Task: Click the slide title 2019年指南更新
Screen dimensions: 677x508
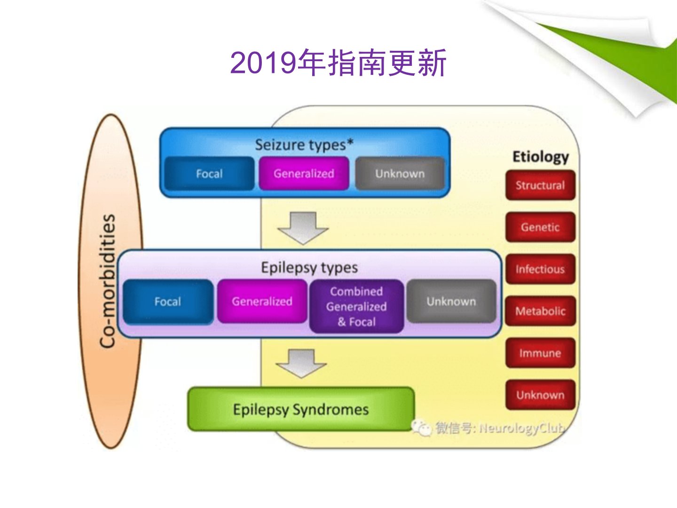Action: click(338, 63)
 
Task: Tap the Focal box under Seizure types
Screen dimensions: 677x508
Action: click(209, 174)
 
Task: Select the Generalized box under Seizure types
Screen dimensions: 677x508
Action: click(304, 174)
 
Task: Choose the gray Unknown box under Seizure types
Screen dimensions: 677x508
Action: click(400, 174)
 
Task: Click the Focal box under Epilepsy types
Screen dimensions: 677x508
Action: click(168, 302)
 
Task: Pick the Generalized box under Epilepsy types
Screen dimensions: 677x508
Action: click(262, 301)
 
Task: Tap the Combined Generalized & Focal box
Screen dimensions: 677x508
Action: click(356, 306)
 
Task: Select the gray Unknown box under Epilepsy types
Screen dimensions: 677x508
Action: click(451, 301)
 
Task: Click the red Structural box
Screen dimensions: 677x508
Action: click(540, 185)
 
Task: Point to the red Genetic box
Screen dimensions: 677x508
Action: click(540, 227)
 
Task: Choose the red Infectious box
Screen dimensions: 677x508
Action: click(540, 269)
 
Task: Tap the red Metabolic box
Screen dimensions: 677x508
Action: click(540, 311)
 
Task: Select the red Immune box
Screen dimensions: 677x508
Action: click(540, 353)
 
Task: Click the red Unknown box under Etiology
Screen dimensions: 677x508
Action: click(540, 395)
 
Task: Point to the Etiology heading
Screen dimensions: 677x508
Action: click(541, 157)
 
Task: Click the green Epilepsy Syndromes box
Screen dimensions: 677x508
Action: click(301, 409)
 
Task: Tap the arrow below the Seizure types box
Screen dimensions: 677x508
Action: click(303, 228)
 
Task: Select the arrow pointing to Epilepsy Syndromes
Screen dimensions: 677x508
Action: click(301, 364)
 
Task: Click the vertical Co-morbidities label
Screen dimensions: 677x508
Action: click(107, 281)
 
